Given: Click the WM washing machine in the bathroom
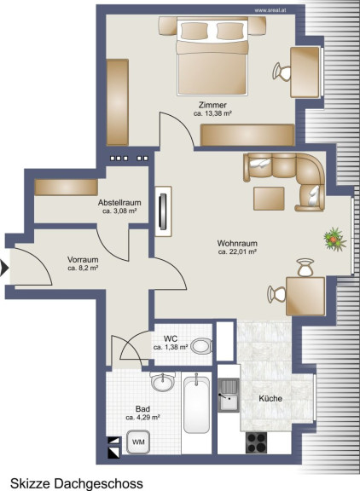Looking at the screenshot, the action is [138, 442].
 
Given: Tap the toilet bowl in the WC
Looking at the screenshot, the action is [202, 346].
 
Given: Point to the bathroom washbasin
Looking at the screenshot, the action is [162, 382].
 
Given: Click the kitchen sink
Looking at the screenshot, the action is [229, 396].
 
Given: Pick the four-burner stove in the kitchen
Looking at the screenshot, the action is [257, 442].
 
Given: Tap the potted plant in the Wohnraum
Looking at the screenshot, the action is [334, 240].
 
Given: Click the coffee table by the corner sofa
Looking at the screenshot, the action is [269, 199].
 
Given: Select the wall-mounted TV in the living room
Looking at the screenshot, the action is [163, 211].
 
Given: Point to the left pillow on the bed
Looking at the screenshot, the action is [195, 31].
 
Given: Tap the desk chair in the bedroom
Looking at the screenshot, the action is [282, 72].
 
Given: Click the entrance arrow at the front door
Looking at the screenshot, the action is [4, 268].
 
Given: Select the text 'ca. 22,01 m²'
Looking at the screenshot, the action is [237, 251].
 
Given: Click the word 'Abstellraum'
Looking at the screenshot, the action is [119, 203].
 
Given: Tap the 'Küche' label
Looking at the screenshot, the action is [270, 399].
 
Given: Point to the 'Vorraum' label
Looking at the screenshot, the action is [83, 260].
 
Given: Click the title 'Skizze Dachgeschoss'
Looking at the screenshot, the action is [77, 483].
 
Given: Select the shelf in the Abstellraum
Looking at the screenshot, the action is [66, 188].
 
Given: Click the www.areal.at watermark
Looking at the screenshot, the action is [270, 10].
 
